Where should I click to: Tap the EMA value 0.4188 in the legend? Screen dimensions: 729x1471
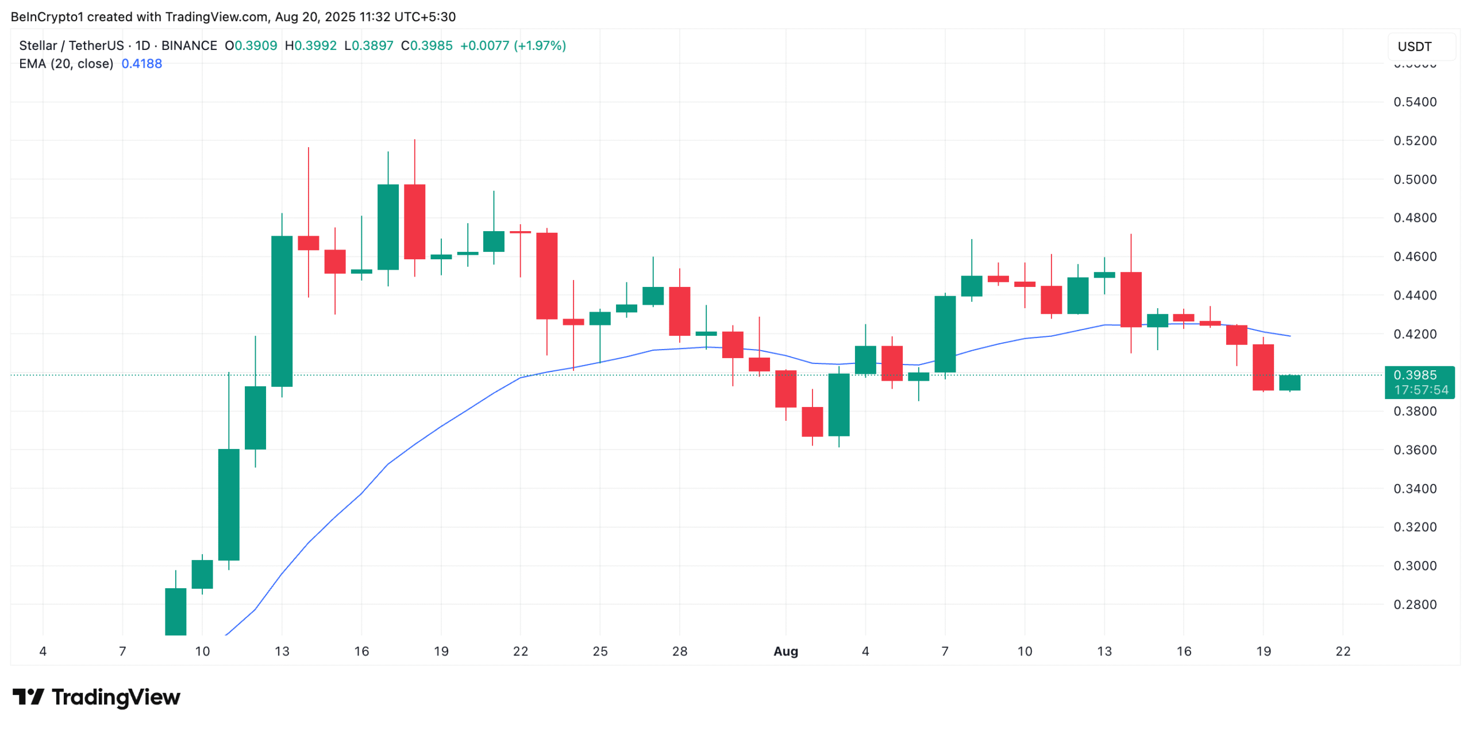[141, 64]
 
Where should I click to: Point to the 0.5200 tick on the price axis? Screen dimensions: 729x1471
[1414, 141]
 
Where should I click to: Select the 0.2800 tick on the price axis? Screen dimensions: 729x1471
[1414, 604]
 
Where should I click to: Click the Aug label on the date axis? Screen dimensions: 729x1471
[785, 651]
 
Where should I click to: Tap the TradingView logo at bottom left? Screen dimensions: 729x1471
[97, 697]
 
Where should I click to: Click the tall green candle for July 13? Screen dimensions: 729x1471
[282, 310]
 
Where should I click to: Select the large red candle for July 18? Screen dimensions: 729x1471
[414, 221]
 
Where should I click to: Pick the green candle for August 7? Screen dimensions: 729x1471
[945, 333]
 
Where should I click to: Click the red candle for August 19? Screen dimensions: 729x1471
[1263, 367]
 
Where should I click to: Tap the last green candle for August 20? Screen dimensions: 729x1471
[1289, 382]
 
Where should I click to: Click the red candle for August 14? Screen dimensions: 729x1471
[1130, 299]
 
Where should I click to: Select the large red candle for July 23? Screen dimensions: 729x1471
[546, 275]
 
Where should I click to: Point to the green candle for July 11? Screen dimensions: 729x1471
[229, 504]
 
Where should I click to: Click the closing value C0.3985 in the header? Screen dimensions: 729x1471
[426, 45]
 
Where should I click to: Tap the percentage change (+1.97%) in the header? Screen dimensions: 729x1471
[539, 45]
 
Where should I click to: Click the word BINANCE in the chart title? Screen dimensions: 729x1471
[189, 45]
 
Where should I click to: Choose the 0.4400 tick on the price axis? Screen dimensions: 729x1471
[1414, 296]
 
